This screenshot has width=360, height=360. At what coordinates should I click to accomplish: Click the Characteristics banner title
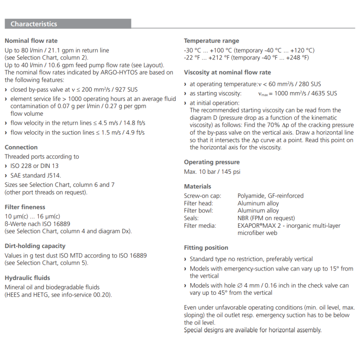34,24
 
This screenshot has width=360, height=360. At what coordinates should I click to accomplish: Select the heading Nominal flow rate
31,40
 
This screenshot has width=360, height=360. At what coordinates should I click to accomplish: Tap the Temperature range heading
211,40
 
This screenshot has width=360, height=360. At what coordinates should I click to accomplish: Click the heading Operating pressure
211,162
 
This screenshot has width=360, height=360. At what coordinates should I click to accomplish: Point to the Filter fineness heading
25,207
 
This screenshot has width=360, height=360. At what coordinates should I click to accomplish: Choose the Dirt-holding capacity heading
35,246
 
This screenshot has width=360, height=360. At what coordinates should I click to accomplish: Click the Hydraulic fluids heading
27,278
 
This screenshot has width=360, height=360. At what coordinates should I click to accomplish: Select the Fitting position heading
206,247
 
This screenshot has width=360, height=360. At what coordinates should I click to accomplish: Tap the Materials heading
198,186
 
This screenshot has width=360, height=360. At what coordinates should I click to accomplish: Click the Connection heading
21,147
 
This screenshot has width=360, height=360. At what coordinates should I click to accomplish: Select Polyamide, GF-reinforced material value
270,196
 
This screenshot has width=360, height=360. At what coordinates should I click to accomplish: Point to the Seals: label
192,218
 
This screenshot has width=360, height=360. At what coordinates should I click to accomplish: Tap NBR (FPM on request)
266,218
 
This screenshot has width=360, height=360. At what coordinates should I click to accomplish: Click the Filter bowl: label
198,211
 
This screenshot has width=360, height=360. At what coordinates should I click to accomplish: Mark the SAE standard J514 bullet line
35,175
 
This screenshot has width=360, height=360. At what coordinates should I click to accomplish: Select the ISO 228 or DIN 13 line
34,166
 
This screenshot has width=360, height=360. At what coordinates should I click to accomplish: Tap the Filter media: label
200,225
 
